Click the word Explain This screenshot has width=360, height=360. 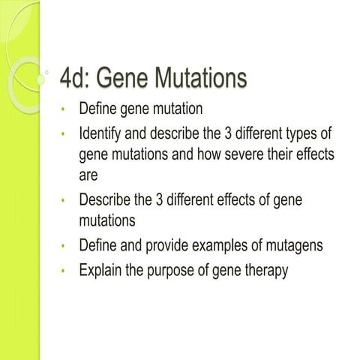click(103, 270)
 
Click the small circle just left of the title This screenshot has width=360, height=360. click(46, 73)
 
